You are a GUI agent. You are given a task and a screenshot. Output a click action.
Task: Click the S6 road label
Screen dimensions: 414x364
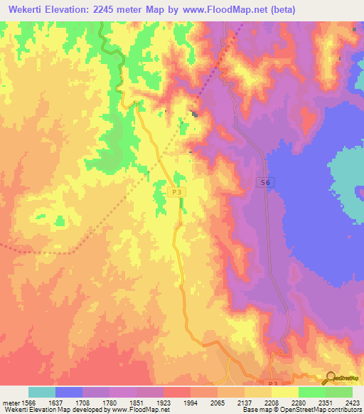click(x=265, y=183)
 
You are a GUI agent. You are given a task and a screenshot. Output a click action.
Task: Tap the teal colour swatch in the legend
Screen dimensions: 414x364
click(x=42, y=392)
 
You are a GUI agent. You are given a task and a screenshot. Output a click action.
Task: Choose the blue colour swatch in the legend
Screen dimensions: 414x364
click(x=69, y=392)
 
